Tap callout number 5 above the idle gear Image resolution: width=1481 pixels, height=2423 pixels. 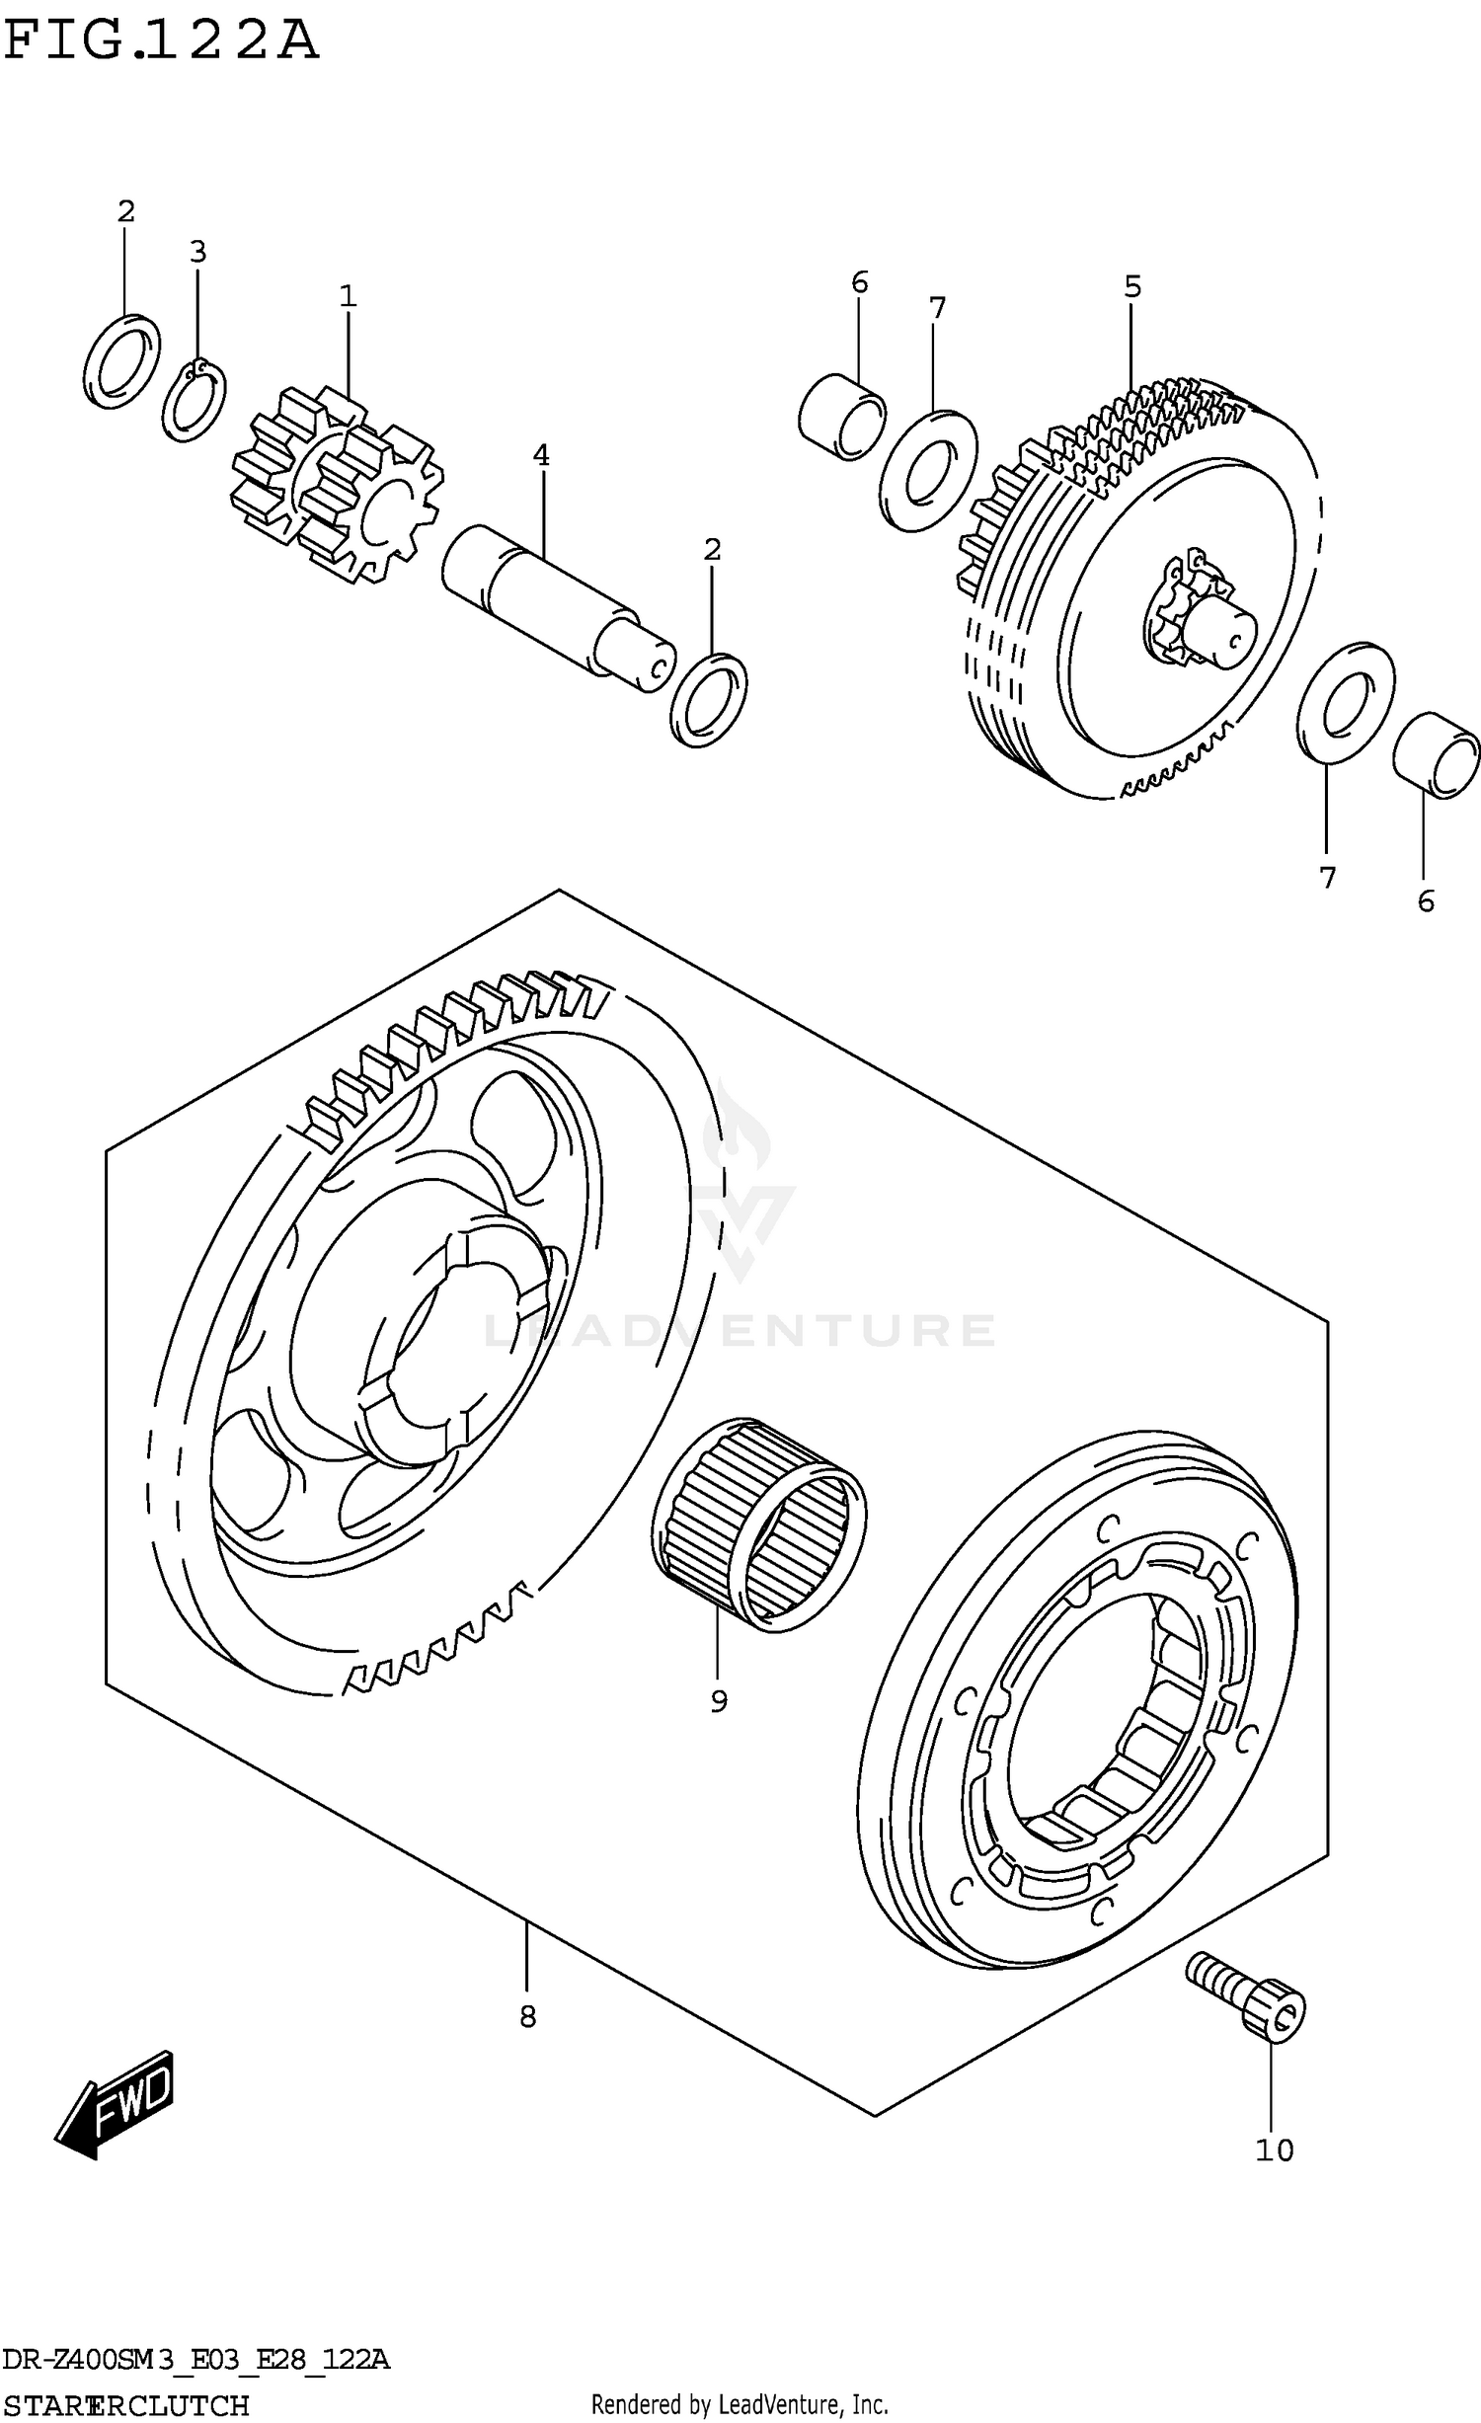coord(1131,287)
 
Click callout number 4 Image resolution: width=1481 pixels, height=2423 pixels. coord(540,455)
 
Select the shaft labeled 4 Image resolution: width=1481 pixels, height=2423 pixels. coord(558,608)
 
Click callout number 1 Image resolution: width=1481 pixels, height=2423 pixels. coord(347,295)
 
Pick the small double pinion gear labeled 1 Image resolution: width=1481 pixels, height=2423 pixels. coord(336,485)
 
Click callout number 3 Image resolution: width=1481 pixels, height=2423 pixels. coord(197,252)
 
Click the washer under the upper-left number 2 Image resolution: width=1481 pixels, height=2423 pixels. coord(122,361)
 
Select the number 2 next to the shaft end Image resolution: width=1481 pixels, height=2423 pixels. coord(712,549)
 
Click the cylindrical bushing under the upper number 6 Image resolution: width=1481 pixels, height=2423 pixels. coord(841,416)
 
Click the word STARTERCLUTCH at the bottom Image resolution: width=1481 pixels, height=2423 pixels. coord(125,2405)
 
